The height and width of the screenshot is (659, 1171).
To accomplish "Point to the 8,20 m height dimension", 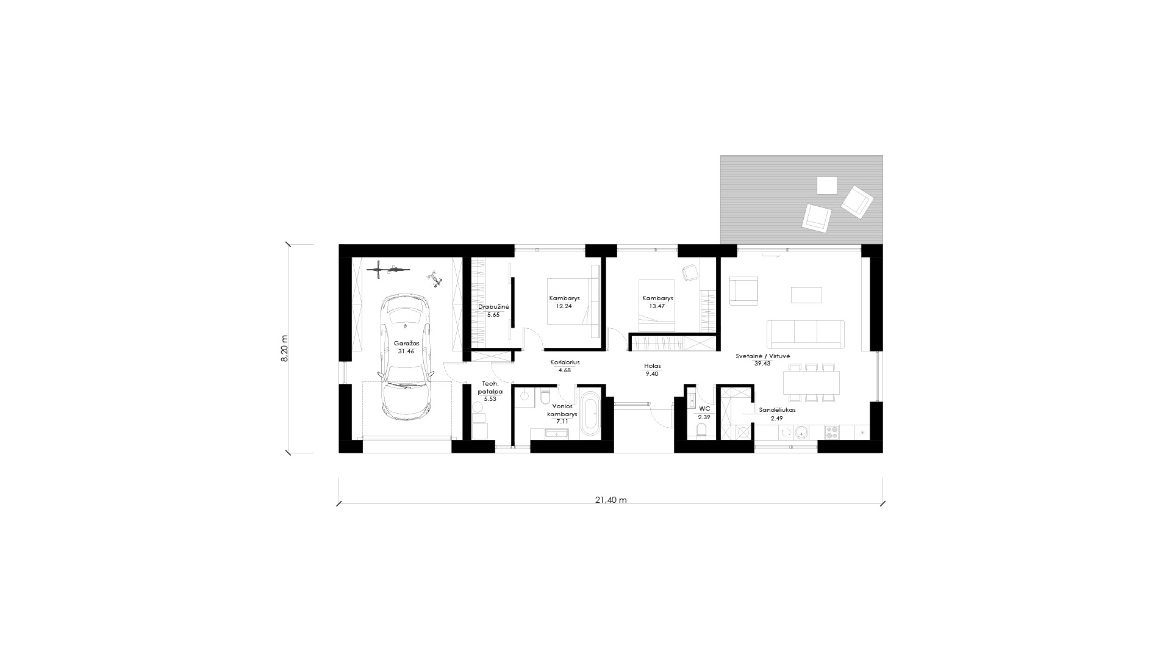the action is [285, 348].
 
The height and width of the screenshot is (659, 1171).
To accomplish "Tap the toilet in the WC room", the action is [701, 432].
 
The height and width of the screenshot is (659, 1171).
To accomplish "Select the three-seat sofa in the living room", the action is [806, 333].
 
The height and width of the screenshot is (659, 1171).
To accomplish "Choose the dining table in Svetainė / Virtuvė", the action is [811, 383].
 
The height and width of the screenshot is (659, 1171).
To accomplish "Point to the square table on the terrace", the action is [827, 185].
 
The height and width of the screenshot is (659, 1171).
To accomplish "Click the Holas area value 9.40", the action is [652, 374].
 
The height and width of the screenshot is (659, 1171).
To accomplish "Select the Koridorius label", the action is [565, 362].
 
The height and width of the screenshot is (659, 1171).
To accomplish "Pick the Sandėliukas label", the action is [777, 410].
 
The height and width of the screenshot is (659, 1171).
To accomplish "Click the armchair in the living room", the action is [743, 289].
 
